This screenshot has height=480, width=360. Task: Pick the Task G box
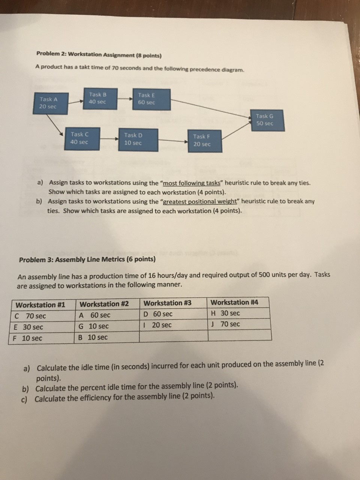coord(265,120)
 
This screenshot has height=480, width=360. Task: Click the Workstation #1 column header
coord(40,305)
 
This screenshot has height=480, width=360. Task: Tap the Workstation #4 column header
coord(235,302)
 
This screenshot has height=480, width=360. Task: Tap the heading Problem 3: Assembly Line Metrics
coord(87,259)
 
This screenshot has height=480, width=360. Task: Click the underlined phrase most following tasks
coord(192,183)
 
